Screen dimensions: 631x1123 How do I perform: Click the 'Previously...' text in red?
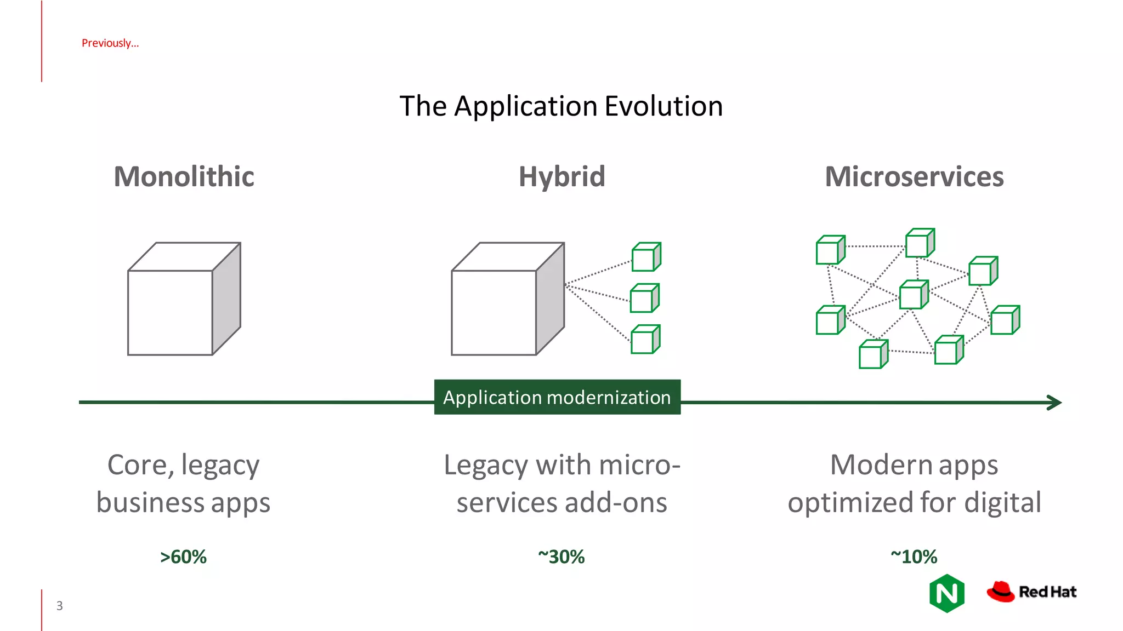(x=110, y=43)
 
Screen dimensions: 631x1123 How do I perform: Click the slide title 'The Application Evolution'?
(x=561, y=106)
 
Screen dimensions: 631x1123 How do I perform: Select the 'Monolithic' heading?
(x=184, y=176)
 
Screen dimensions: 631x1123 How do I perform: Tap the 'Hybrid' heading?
(x=562, y=176)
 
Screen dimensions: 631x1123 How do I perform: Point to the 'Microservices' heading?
(x=914, y=176)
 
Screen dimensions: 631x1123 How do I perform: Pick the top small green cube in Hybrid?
(x=645, y=257)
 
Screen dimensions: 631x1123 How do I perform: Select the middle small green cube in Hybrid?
(x=644, y=298)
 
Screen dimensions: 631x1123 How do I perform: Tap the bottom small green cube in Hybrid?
(x=645, y=340)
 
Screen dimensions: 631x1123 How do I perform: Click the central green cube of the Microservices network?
(x=913, y=295)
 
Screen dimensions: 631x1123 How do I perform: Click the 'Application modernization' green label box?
(x=557, y=397)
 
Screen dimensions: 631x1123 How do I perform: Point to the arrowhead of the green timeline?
(x=1055, y=403)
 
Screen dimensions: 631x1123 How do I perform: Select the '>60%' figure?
(x=183, y=557)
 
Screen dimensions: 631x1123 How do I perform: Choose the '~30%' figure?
(x=561, y=557)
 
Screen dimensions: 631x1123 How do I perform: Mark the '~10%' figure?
(x=914, y=557)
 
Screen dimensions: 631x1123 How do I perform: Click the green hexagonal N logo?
(x=947, y=593)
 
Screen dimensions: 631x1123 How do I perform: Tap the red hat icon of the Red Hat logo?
(x=1001, y=592)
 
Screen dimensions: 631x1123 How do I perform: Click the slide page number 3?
(x=60, y=606)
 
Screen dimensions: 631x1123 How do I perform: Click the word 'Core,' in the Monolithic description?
(x=141, y=466)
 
